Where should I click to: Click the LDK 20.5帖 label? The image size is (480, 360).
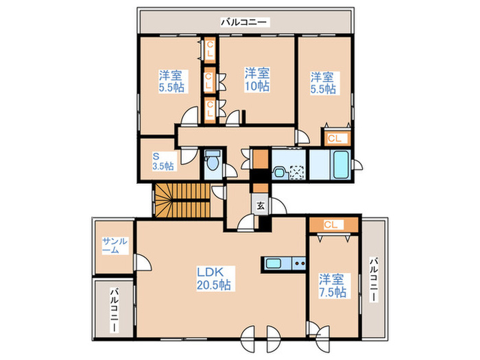point(214,278)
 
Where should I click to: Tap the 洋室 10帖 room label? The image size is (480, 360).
point(257,80)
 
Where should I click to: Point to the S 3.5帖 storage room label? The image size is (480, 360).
point(163,161)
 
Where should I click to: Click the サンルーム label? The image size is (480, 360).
point(115,245)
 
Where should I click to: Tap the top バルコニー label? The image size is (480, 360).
point(245,22)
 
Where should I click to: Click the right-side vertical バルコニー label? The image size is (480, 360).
point(374,280)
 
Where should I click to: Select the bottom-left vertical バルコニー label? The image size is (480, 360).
point(115,310)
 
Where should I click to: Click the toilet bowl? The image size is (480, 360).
point(212,161)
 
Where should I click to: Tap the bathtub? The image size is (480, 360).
point(341,165)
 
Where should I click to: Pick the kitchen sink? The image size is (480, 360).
point(274,263)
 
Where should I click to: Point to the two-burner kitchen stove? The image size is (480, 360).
point(299,263)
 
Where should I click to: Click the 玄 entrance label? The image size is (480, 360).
point(260,206)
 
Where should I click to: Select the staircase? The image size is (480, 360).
point(182,200)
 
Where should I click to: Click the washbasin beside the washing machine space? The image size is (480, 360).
point(279,172)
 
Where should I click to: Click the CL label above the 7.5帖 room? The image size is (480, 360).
point(331,225)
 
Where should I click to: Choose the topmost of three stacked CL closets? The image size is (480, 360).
point(210,49)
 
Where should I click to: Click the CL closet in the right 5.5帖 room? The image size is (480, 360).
point(335,139)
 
